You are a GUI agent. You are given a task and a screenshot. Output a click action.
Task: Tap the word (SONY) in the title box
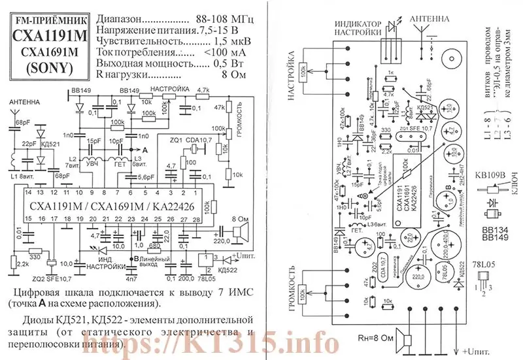click(x=43, y=67)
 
